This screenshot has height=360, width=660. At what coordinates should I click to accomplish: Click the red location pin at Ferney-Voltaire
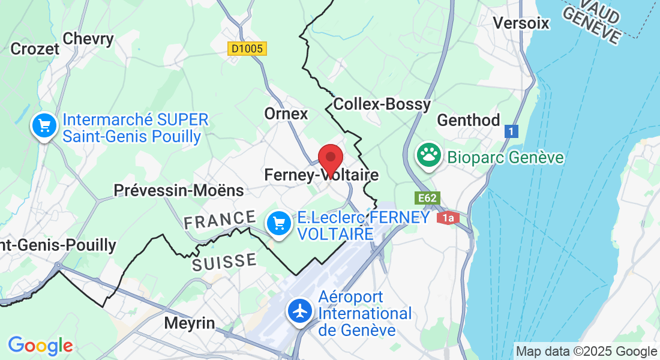[x=330, y=159]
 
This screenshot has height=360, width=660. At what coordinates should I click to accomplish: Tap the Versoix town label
[x=521, y=23]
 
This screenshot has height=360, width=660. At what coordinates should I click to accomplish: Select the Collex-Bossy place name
[x=382, y=104]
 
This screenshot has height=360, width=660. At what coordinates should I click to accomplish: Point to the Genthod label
[x=468, y=121]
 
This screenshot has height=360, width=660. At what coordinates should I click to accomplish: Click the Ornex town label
[x=286, y=113]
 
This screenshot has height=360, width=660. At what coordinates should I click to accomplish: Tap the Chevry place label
[x=88, y=39]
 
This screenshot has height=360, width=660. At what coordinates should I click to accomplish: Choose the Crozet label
[x=35, y=49]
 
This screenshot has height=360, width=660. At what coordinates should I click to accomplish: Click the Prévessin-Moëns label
[x=179, y=191]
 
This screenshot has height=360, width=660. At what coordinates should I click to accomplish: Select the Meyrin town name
[x=190, y=323]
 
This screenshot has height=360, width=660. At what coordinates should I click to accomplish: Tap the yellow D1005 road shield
[x=247, y=49]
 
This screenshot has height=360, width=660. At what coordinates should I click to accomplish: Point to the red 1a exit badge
[x=448, y=218]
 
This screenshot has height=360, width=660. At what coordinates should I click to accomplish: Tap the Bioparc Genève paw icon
[x=429, y=155]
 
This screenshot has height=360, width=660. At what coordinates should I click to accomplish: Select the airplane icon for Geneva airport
[x=299, y=311]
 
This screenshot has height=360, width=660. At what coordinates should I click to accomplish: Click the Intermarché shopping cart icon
[x=44, y=126]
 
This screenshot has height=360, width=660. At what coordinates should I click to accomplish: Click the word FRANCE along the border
[x=220, y=220]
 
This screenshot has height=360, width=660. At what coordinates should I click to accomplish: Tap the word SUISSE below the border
[x=224, y=262]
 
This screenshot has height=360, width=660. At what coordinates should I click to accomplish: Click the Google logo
[x=40, y=346]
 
